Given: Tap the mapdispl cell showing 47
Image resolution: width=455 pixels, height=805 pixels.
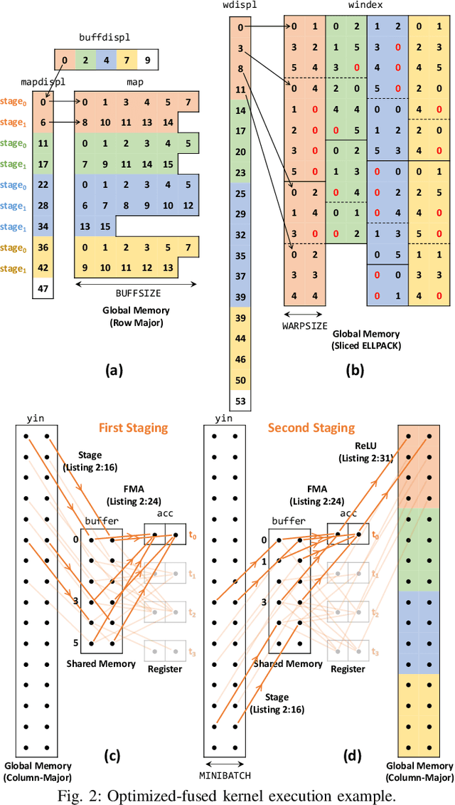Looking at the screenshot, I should pyautogui.click(x=43, y=288).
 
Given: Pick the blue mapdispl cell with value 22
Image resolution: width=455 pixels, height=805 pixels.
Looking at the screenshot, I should pyautogui.click(x=43, y=184).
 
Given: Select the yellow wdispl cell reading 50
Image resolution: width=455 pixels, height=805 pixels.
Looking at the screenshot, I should pyautogui.click(x=241, y=381).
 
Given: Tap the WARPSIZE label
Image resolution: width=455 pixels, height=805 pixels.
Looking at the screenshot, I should pyautogui.click(x=304, y=327).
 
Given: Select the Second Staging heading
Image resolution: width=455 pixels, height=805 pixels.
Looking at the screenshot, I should pyautogui.click(x=311, y=428).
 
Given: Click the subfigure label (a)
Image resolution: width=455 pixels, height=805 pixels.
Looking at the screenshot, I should pyautogui.click(x=114, y=369).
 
